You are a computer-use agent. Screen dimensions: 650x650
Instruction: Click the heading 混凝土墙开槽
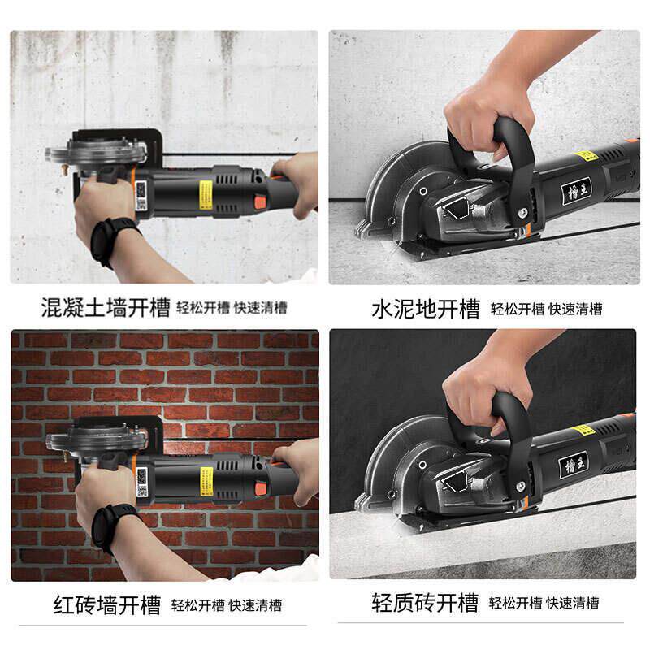point(106,308)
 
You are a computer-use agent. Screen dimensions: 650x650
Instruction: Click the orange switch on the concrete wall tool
point(261,202)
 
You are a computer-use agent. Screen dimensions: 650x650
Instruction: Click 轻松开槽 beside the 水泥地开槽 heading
point(517,310)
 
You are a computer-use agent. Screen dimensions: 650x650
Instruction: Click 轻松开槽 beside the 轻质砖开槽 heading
point(515,604)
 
